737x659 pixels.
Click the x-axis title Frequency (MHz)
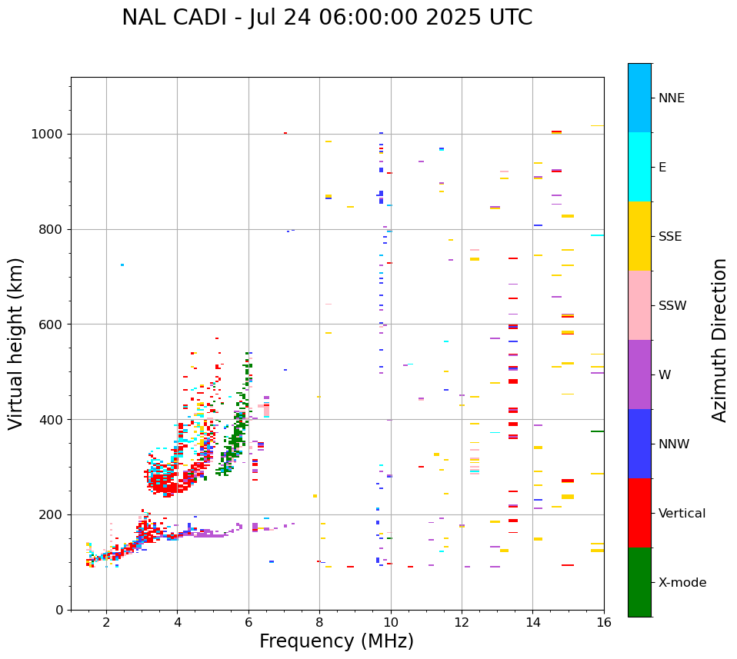click(x=336, y=641)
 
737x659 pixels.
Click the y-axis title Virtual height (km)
click(x=16, y=344)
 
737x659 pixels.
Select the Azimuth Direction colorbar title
click(x=719, y=340)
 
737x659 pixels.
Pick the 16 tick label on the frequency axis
click(x=604, y=622)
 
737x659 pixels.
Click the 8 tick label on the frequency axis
click(x=319, y=622)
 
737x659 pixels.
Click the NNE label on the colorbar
click(x=672, y=98)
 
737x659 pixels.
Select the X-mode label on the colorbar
click(x=682, y=583)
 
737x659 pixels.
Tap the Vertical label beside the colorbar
click(x=682, y=514)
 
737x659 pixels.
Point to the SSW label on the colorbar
click(x=672, y=306)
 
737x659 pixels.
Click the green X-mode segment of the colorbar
click(x=639, y=582)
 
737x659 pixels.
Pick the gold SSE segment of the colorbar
click(x=639, y=236)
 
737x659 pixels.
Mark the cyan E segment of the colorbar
click(x=639, y=167)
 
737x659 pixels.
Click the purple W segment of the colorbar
click(x=639, y=374)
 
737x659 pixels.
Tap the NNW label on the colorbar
click(x=674, y=444)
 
